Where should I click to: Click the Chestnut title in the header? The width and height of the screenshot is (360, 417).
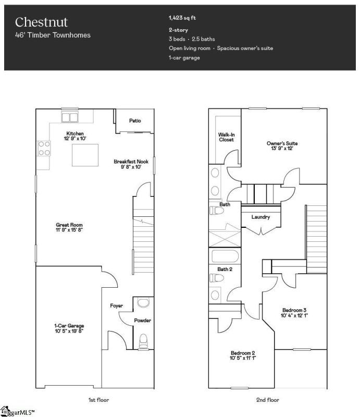41,22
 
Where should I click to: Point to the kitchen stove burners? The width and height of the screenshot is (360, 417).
44,148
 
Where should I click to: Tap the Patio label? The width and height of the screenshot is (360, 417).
135,121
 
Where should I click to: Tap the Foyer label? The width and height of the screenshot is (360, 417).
116,305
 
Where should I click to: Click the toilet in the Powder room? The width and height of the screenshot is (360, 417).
144,339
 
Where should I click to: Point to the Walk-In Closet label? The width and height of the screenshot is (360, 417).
226,137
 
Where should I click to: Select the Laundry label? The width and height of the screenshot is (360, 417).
260,217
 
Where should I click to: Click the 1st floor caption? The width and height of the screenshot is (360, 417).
98,400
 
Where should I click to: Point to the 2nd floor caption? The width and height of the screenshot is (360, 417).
268,400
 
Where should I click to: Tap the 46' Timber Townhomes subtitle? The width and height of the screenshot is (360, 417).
53,35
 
